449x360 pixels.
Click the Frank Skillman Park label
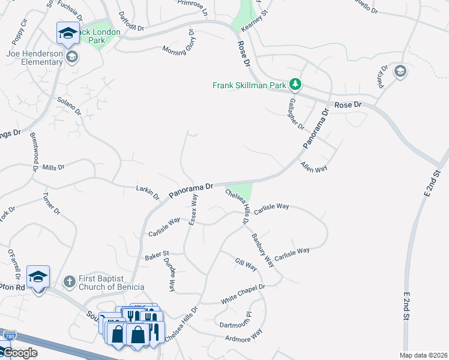pyautogui.click(x=249, y=85)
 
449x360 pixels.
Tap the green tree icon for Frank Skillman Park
pyautogui.click(x=295, y=83)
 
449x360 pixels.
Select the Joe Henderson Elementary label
pyautogui.click(x=35, y=58)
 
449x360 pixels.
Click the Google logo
pyautogui.click(x=19, y=353)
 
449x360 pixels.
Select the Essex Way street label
pyautogui.click(x=193, y=210)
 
